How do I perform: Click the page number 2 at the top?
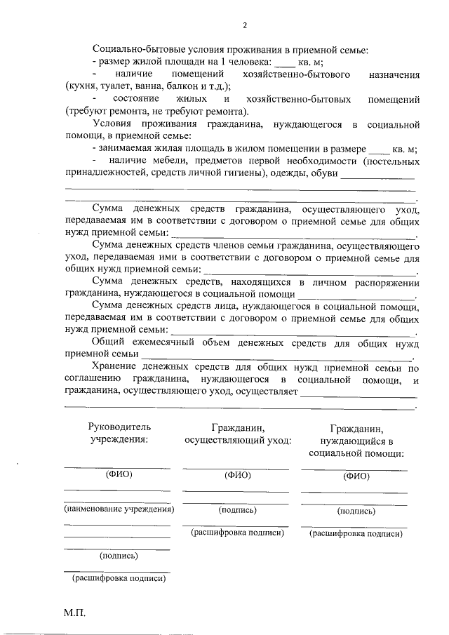pos(244,27)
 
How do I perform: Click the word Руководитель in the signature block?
pos(119,426)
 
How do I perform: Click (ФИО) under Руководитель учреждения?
pos(119,474)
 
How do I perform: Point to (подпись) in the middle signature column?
pos(237,510)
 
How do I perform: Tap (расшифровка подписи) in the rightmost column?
pos(356,534)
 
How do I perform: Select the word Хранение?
pos(114,366)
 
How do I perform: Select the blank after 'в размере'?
pos(379,149)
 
